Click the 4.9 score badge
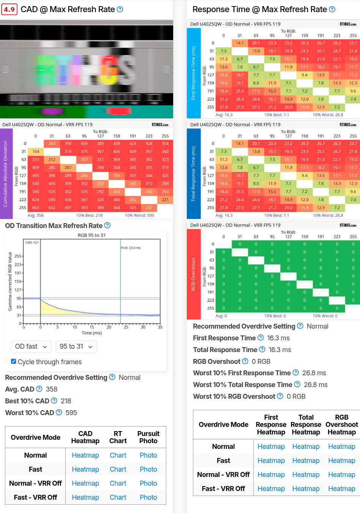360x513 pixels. click(9, 9)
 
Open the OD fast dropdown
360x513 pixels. click(31, 346)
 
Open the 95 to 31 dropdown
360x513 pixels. click(76, 346)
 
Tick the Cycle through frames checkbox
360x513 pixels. click(14, 362)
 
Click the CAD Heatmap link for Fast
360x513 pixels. click(85, 469)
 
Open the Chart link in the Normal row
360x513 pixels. click(118, 455)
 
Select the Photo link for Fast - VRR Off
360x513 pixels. click(148, 497)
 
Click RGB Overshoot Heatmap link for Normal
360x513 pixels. click(341, 447)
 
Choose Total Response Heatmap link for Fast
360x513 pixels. click(306, 461)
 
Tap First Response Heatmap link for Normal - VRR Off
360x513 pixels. click(271, 475)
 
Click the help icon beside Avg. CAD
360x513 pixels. click(39, 389)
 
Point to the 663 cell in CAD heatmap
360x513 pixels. click(36, 208)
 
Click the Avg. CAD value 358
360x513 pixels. click(52, 389)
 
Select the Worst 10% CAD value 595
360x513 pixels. click(71, 413)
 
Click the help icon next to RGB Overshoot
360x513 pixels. click(245, 361)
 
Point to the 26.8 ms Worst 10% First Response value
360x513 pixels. click(314, 373)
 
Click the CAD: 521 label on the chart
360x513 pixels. click(32, 242)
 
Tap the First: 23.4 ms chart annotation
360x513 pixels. click(131, 248)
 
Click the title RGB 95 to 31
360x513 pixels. click(92, 235)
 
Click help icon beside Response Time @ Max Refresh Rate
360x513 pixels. click(332, 9)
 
